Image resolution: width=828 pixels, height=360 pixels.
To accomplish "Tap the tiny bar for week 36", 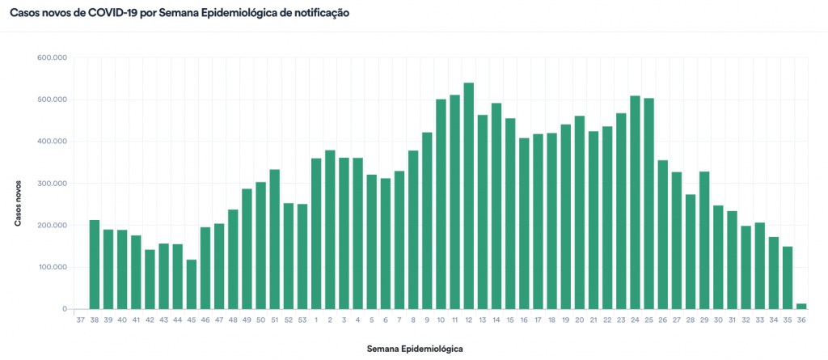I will pos(801,306).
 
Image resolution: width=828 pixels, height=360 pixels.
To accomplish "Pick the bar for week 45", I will pos(192,284).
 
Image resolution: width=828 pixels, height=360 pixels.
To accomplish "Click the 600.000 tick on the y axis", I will pos(52,57).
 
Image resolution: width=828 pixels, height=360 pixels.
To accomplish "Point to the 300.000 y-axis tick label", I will pos(52,184).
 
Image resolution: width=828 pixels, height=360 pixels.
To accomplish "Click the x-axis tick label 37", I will pos(81,320).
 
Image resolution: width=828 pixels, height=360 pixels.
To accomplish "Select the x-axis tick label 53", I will pos(302,320).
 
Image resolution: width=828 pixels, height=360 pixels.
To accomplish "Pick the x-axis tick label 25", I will pos(648,320).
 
